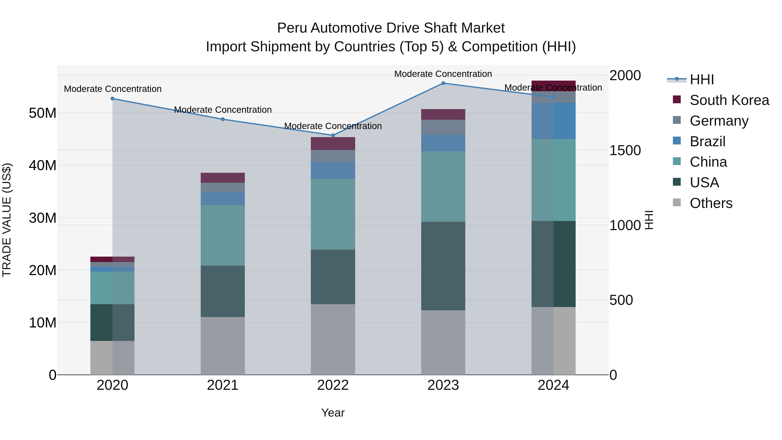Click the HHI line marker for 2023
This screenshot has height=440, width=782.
point(443,83)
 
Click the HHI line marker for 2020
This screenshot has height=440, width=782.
point(112,99)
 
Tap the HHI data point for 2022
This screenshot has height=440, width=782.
point(333,135)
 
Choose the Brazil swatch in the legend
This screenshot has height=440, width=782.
point(677,141)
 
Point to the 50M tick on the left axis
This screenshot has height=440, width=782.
point(43,113)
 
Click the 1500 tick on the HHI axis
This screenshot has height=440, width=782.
point(625,151)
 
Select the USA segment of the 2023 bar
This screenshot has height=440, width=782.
point(443,266)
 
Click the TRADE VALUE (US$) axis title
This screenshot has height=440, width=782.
point(7,220)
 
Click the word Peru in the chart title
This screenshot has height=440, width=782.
point(292,28)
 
